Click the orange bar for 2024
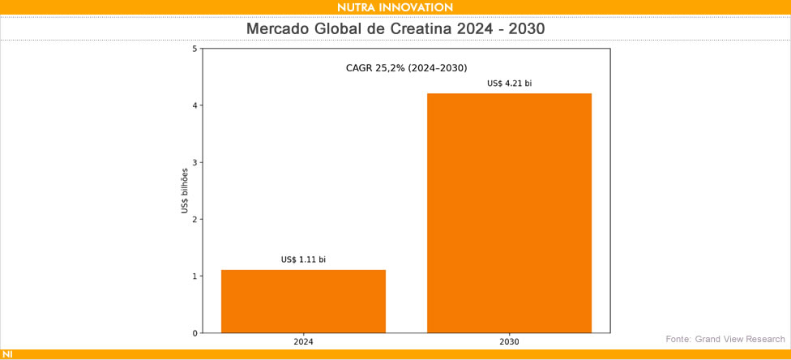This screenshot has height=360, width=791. click(x=303, y=301)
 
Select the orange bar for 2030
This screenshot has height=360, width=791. click(x=509, y=212)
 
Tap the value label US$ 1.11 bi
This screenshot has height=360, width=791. click(x=303, y=259)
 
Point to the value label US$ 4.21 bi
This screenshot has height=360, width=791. click(x=509, y=83)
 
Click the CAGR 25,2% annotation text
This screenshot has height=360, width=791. click(x=406, y=67)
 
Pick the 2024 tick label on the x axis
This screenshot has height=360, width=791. click(x=303, y=342)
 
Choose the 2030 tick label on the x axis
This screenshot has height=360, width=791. click(x=509, y=342)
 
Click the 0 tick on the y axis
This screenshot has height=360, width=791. click(x=195, y=333)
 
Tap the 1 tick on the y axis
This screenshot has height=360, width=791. click(x=195, y=276)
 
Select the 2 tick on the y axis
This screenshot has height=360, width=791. click(x=195, y=220)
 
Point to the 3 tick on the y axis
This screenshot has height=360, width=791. click(x=195, y=162)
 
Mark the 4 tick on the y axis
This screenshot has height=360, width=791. click(x=195, y=105)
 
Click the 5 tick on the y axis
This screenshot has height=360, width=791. click(x=195, y=49)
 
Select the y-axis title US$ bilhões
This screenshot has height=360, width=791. click(x=185, y=191)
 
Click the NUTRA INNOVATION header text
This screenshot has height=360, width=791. click(x=395, y=7)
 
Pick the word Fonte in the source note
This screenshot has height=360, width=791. click(x=678, y=338)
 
